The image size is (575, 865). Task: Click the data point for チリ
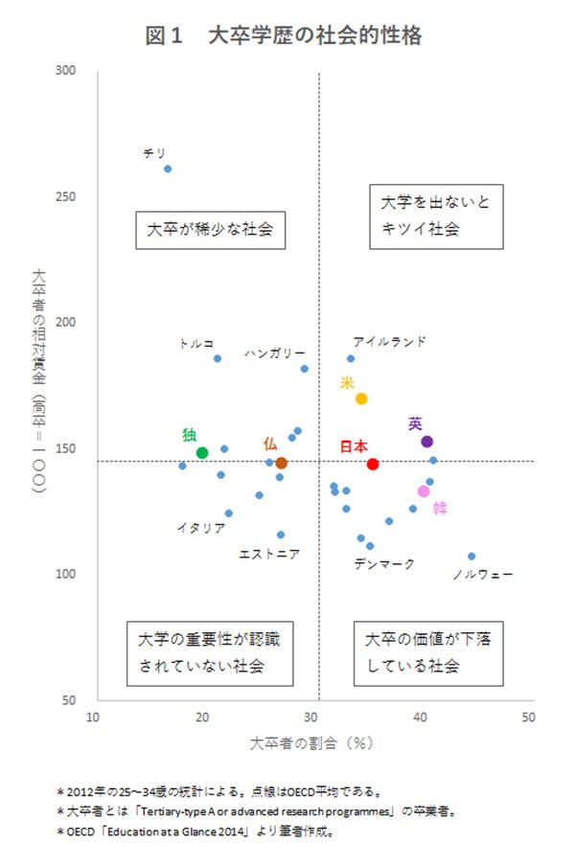pyautogui.click(x=168, y=169)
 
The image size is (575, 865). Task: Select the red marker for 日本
pyautogui.click(x=373, y=464)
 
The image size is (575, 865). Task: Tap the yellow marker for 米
pyautogui.click(x=361, y=398)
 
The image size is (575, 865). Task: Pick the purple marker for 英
pyautogui.click(x=427, y=442)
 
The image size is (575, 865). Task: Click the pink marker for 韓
pyautogui.click(x=424, y=491)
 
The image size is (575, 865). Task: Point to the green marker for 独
pyautogui.click(x=202, y=452)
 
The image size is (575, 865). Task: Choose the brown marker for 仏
pyautogui.click(x=281, y=463)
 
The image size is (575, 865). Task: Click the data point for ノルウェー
pyautogui.click(x=471, y=556)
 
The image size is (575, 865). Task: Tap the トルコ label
pyautogui.click(x=196, y=343)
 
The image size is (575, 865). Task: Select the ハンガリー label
pyautogui.click(x=274, y=353)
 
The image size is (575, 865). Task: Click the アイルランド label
pyautogui.click(x=389, y=341)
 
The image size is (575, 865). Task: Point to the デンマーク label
pyautogui.click(x=384, y=565)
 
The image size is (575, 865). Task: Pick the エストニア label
pyautogui.click(x=268, y=554)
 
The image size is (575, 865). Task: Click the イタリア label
pyautogui.click(x=201, y=528)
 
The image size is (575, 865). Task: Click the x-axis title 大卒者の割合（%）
pyautogui.click(x=310, y=742)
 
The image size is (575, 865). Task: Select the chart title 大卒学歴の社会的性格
pyautogui.click(x=284, y=35)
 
